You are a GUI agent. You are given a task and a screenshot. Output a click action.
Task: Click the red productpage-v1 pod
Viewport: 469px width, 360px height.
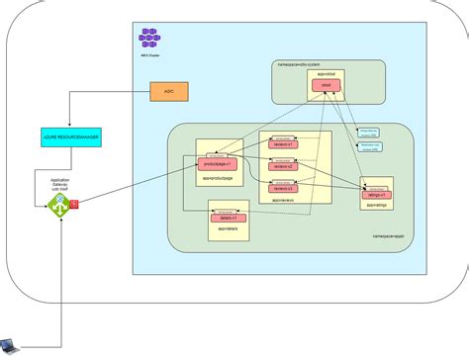tap(217, 163)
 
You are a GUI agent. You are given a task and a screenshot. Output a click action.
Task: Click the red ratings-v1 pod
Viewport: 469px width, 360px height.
tap(377, 196)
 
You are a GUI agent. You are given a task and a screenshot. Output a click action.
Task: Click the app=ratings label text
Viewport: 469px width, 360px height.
tap(377, 206)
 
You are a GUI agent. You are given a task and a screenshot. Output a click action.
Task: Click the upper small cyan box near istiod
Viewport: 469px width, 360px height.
tap(367, 131)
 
